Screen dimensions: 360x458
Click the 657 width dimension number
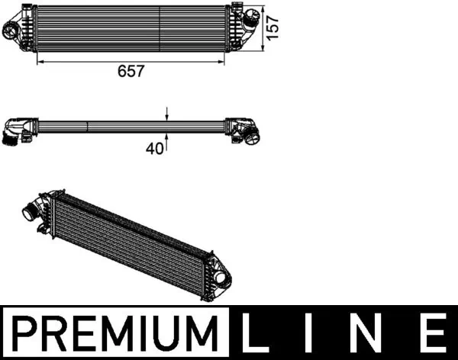(x=131, y=71)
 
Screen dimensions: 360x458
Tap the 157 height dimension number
(x=272, y=28)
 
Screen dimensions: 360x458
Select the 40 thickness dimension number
(x=155, y=149)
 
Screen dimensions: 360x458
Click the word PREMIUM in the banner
(x=117, y=333)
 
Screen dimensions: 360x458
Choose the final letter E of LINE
(x=432, y=333)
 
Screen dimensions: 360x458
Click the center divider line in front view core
(x=159, y=28)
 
